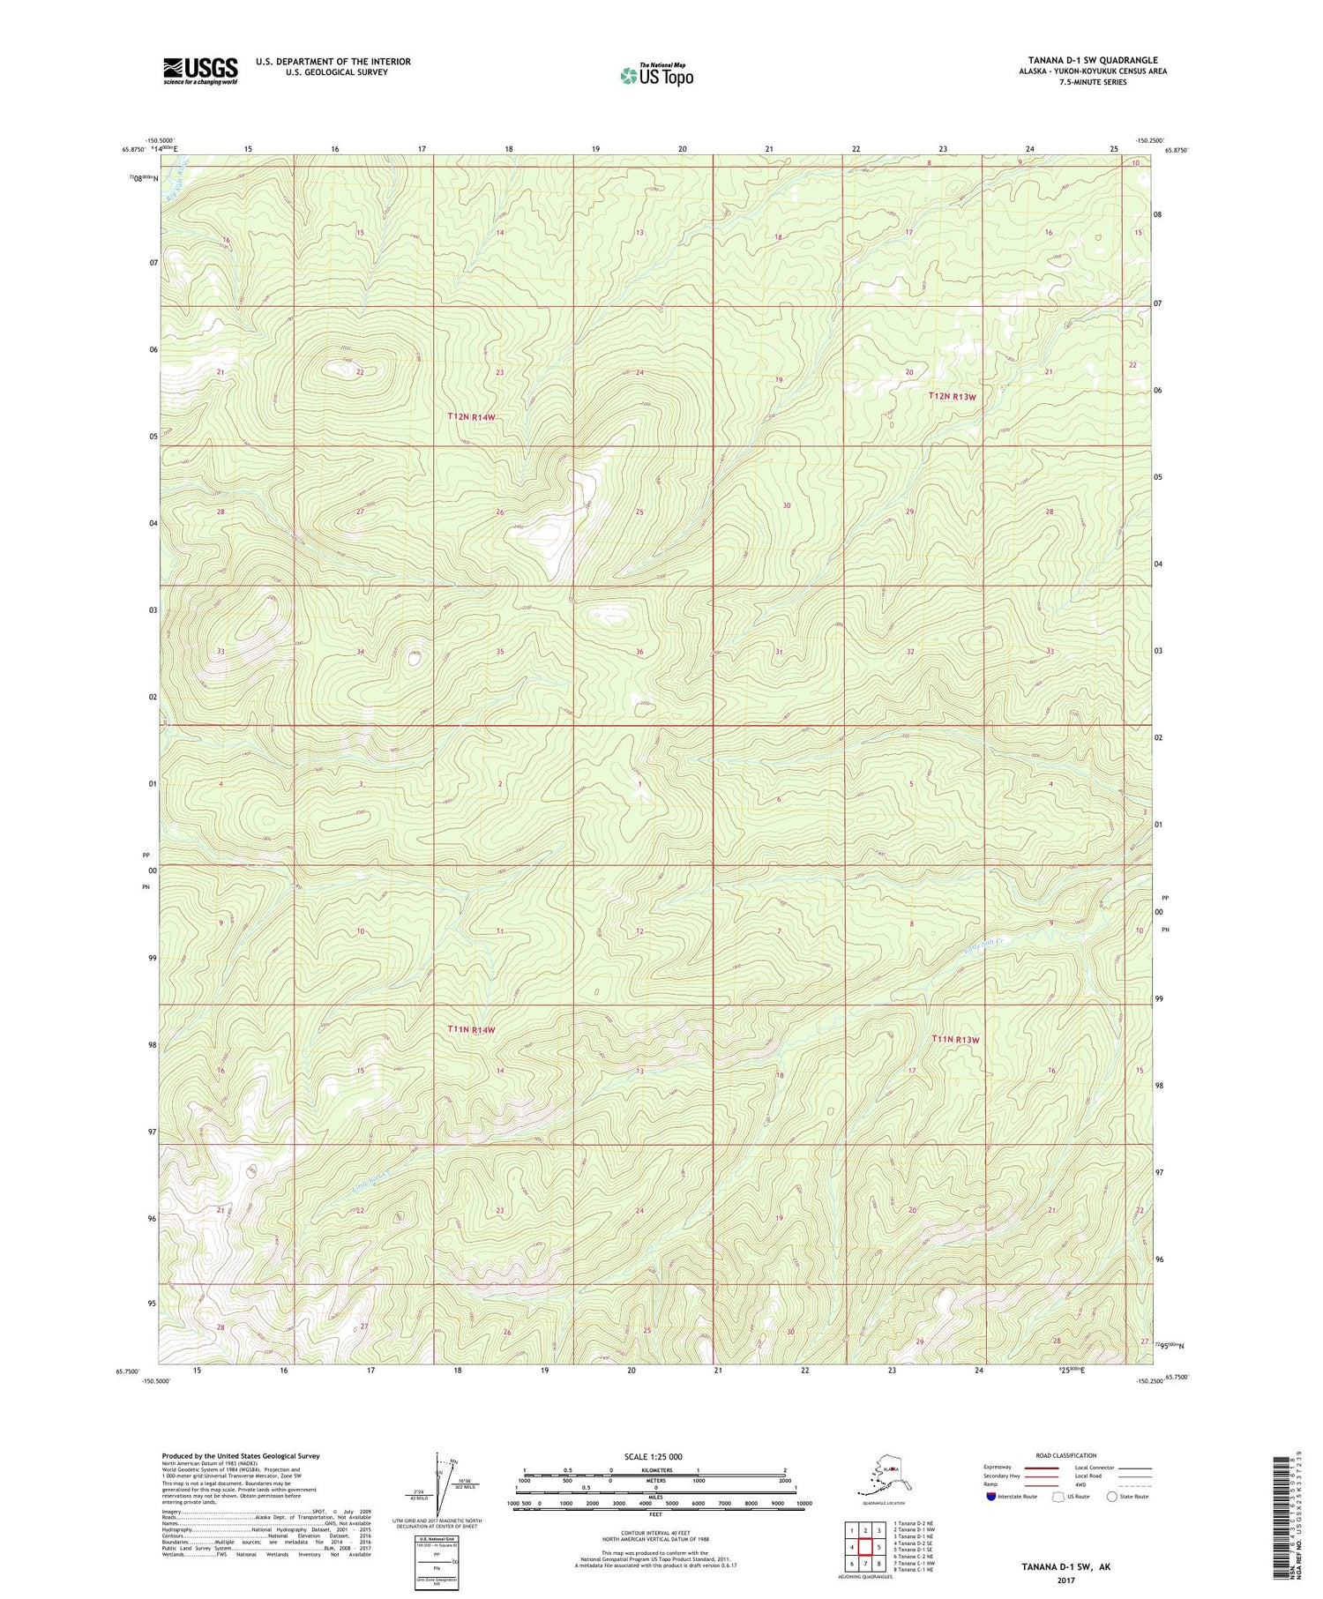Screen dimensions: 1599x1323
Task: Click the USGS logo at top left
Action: (x=200, y=71)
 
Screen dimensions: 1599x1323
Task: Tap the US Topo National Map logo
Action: (x=656, y=75)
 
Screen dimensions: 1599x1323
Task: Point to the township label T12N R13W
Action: (x=953, y=397)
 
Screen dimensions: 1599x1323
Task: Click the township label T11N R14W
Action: (x=472, y=1029)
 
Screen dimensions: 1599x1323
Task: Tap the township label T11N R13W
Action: (x=956, y=1040)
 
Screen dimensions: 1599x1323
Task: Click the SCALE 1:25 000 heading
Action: (x=653, y=1456)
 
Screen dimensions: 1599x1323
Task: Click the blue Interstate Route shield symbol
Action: (x=990, y=1497)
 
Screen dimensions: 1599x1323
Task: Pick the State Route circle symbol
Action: (x=1113, y=1497)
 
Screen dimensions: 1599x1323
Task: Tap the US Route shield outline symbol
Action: (x=1058, y=1497)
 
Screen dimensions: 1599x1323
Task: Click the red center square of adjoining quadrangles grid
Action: (x=865, y=1546)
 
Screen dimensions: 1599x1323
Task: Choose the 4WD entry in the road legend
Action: (x=1082, y=1485)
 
